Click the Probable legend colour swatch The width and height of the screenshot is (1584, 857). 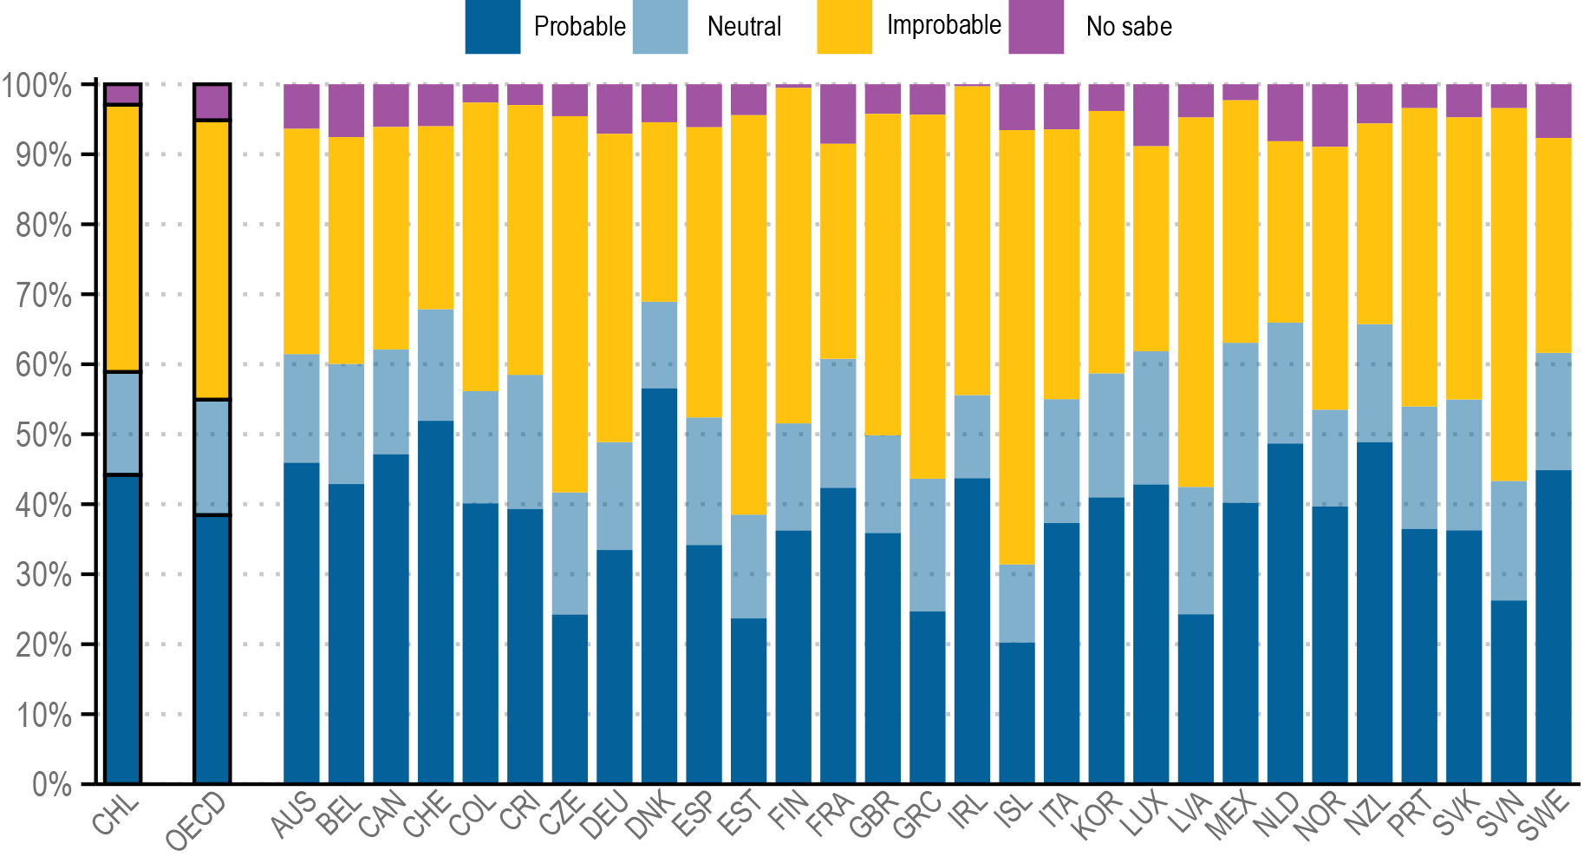click(x=492, y=27)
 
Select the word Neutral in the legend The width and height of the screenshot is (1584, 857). click(x=744, y=27)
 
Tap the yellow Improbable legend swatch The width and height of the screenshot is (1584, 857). click(x=844, y=27)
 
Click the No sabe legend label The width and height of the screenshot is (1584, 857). click(x=1128, y=27)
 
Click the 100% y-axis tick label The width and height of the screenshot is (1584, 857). click(x=36, y=86)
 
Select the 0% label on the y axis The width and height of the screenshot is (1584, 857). click(x=51, y=785)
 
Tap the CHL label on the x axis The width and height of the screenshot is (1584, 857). click(x=117, y=815)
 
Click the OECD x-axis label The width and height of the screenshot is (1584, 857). click(x=196, y=821)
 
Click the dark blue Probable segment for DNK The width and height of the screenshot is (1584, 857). click(x=659, y=586)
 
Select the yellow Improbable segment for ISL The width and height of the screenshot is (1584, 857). click(x=1017, y=347)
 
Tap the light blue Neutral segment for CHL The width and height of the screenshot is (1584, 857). click(x=123, y=423)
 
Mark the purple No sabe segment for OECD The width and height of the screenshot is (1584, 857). click(x=212, y=102)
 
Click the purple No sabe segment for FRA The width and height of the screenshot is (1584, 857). click(x=838, y=114)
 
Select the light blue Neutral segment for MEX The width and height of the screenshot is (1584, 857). click(x=1241, y=422)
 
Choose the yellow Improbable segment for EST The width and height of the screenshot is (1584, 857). click(x=749, y=315)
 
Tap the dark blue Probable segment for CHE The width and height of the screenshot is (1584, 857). click(x=435, y=602)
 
